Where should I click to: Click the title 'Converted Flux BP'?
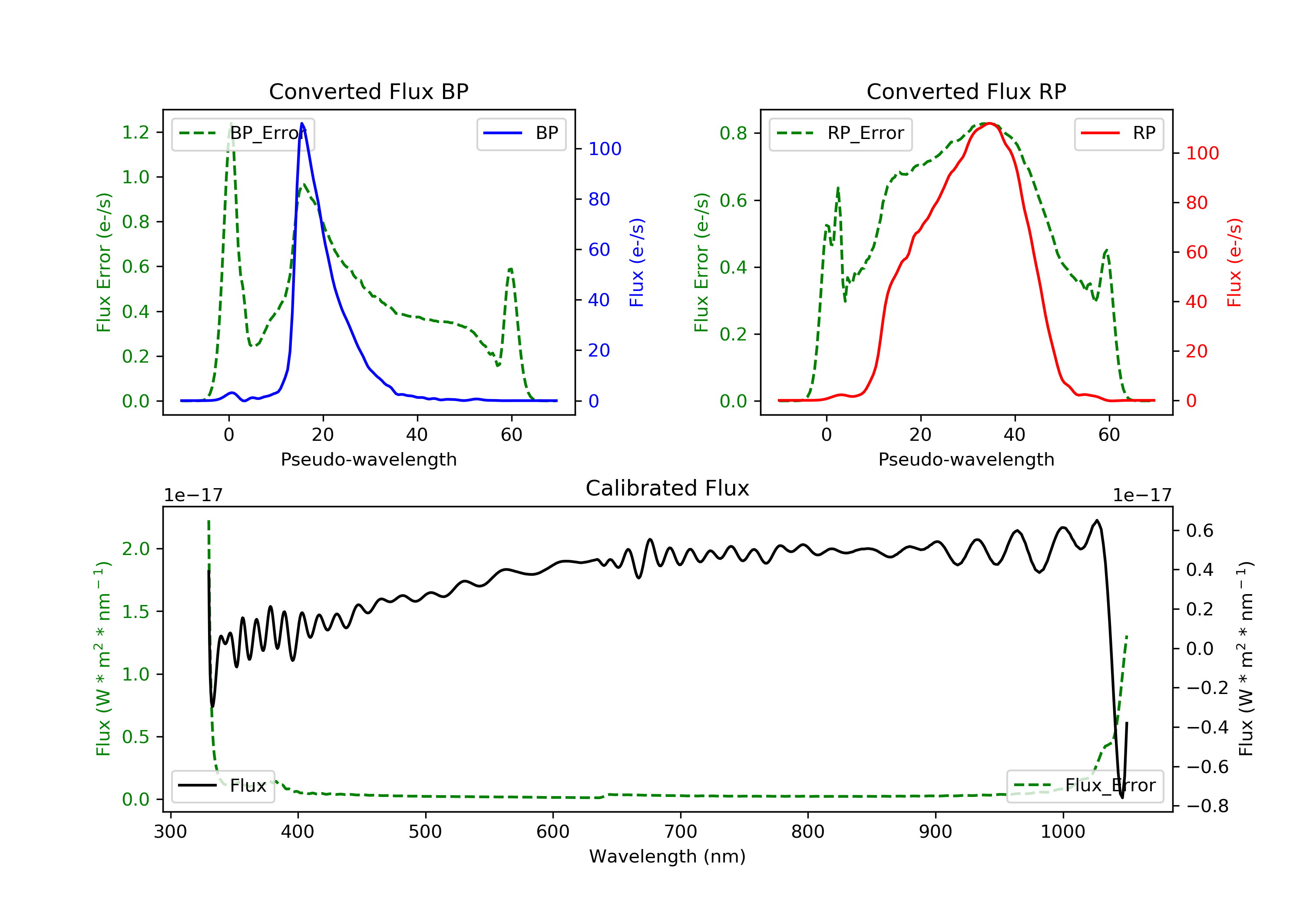pos(368,91)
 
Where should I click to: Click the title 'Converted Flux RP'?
pos(966,91)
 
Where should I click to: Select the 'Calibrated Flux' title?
pos(668,488)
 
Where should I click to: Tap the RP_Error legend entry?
pos(840,133)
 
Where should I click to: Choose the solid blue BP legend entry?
pos(521,133)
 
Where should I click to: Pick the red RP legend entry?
pos(1118,133)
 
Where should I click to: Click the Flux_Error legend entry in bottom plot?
pos(1085,786)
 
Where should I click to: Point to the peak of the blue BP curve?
pos(302,123)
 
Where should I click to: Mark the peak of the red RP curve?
pos(989,123)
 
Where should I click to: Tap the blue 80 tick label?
pos(599,199)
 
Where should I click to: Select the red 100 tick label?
pos(1203,153)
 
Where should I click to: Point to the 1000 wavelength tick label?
pos(1062,832)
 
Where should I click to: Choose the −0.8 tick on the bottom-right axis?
pos(1207,806)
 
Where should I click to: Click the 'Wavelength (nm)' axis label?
pos(668,856)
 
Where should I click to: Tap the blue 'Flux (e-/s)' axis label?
pos(637,262)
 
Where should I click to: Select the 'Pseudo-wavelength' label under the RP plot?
pos(966,459)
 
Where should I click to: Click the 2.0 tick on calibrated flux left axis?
pos(136,549)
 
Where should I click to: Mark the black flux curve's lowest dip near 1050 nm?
pos(1122,797)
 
